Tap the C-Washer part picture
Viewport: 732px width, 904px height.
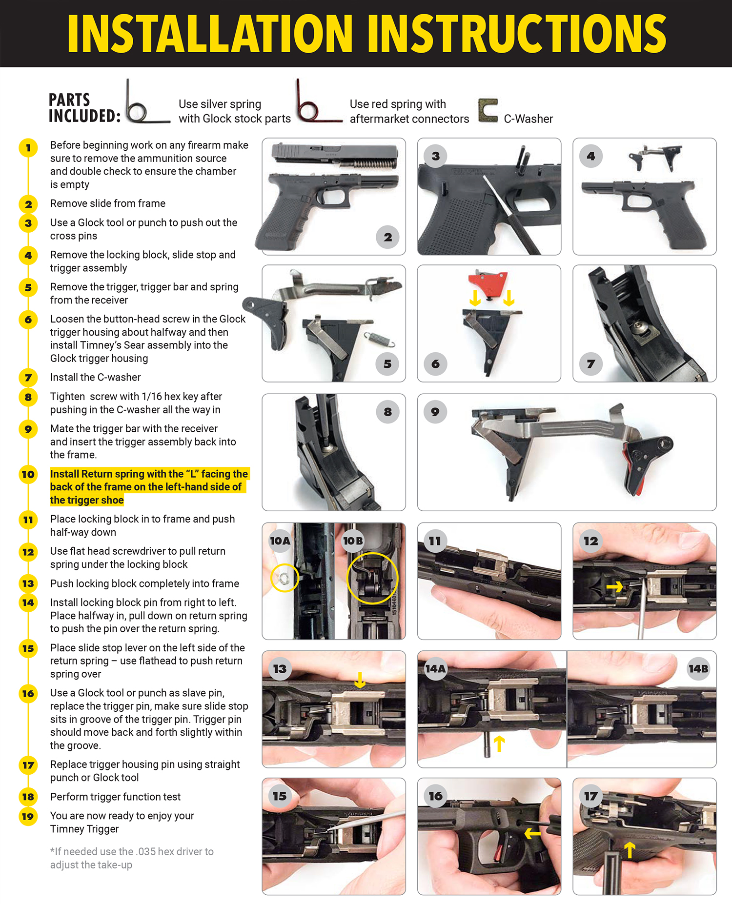click(x=488, y=110)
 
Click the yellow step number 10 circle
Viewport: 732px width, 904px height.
click(x=28, y=474)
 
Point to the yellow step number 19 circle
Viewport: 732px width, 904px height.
click(x=28, y=816)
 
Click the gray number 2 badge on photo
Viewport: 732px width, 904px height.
click(x=388, y=237)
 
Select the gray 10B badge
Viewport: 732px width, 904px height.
click(x=353, y=541)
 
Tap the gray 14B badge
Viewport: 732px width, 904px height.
click(x=698, y=668)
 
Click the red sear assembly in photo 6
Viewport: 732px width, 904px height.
click(x=488, y=283)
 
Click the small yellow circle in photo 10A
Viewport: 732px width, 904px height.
click(x=284, y=578)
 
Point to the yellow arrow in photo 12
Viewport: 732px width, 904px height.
click(x=615, y=586)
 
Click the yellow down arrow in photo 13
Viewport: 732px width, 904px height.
click(x=360, y=679)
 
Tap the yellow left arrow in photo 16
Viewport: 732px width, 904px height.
click(x=532, y=833)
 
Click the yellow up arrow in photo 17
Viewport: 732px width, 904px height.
click(x=630, y=850)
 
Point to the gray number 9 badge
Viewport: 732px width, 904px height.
click(x=435, y=412)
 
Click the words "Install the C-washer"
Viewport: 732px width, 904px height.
click(x=96, y=377)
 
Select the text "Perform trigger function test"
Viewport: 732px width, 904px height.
click(x=115, y=797)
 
